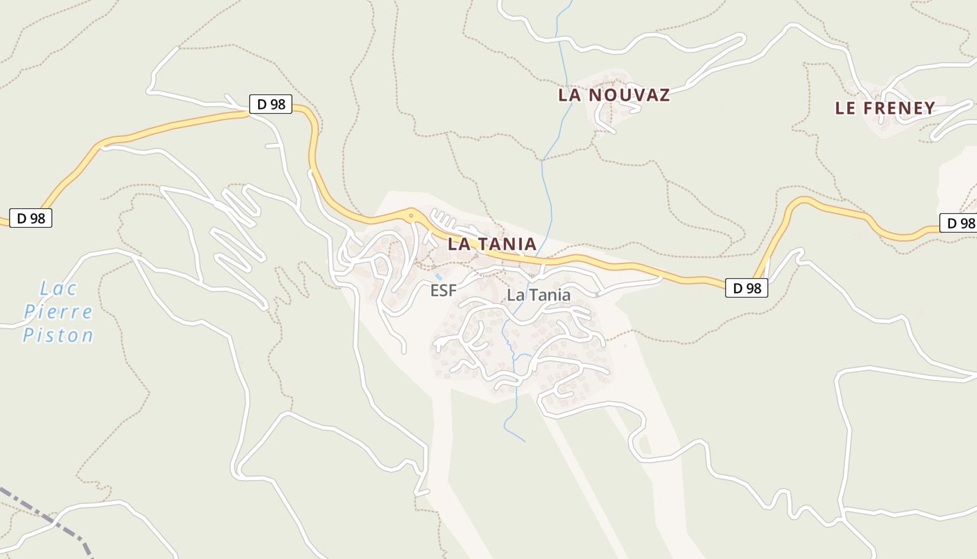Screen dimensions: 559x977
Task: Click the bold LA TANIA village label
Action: pos(492,244)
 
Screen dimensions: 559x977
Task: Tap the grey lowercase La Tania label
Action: pos(538,295)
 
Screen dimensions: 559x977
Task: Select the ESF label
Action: pos(443,290)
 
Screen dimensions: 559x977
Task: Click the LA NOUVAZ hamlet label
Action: pos(613,95)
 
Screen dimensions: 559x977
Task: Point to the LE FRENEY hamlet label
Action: pos(885,108)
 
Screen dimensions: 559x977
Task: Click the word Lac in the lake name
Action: pos(59,288)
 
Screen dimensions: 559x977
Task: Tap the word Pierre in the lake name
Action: pos(58,312)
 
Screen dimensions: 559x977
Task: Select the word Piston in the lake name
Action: pos(58,335)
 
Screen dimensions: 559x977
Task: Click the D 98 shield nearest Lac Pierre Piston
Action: pos(31,218)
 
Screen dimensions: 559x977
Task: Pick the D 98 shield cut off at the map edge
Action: pos(960,223)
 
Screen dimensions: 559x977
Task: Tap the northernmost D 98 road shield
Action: pos(271,105)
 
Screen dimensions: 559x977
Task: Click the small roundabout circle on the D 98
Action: pos(412,216)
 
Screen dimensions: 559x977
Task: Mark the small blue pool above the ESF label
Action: pos(438,277)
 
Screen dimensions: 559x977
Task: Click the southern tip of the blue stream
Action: pos(524,441)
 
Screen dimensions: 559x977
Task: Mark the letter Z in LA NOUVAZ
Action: pos(663,95)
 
